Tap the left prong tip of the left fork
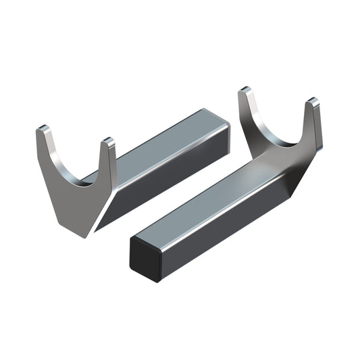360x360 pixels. click(x=43, y=129)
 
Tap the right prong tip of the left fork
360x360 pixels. click(x=108, y=143)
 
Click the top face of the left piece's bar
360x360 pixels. click(x=169, y=145)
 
